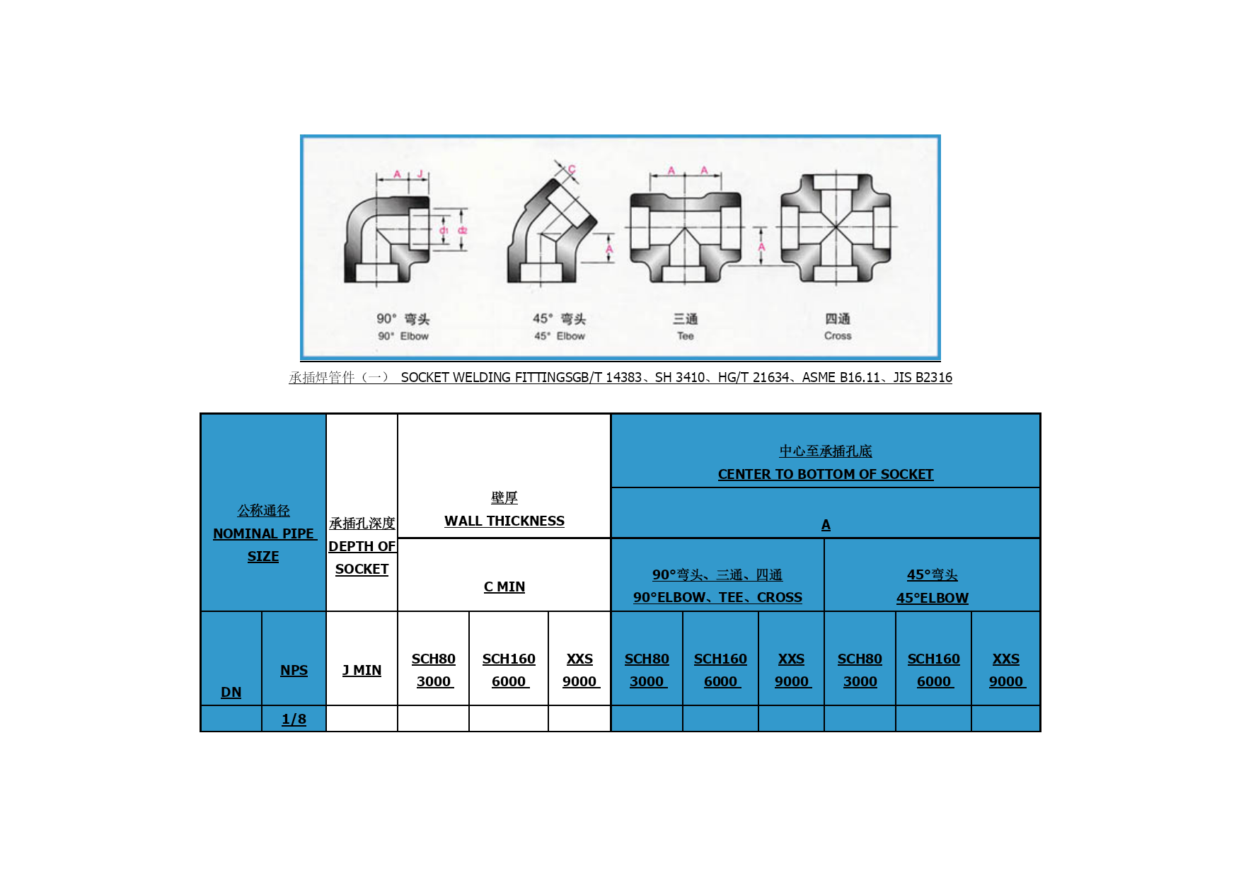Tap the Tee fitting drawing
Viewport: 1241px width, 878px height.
(x=685, y=237)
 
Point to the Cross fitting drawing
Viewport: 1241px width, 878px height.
(x=836, y=228)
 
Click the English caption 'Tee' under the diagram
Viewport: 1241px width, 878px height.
(x=685, y=336)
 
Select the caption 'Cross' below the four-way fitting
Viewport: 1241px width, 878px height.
(x=838, y=336)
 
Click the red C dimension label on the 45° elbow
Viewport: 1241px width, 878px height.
(x=572, y=169)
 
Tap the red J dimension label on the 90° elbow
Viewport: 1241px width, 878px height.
(x=420, y=174)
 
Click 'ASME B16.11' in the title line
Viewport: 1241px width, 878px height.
(x=841, y=377)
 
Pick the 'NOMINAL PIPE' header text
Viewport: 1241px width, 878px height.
(x=263, y=533)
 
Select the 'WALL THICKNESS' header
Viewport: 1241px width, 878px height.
(x=504, y=521)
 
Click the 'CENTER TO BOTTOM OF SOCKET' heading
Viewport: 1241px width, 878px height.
(x=826, y=474)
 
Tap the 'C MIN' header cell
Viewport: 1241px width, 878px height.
(x=504, y=587)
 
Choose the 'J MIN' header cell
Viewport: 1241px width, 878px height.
(x=362, y=670)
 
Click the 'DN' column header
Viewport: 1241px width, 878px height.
(x=231, y=692)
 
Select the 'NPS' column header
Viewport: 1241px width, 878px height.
(x=294, y=670)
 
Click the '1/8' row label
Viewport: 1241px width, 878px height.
(x=294, y=719)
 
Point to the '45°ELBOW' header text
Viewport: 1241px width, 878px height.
(x=933, y=598)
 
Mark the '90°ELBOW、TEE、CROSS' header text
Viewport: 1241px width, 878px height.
(x=717, y=597)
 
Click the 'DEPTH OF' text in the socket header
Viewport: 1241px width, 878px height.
(x=362, y=546)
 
